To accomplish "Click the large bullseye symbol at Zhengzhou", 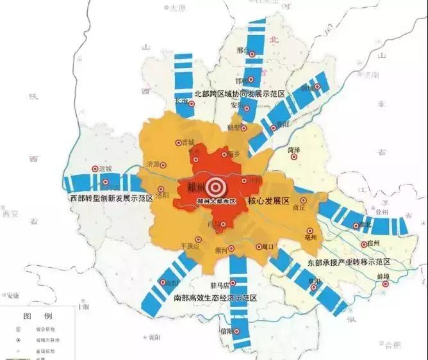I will click(215, 187).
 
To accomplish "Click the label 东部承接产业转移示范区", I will click(349, 262).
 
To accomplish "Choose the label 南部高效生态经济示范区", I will click(215, 298).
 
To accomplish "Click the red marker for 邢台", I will click(252, 54).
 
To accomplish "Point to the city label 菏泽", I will click(295, 149).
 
